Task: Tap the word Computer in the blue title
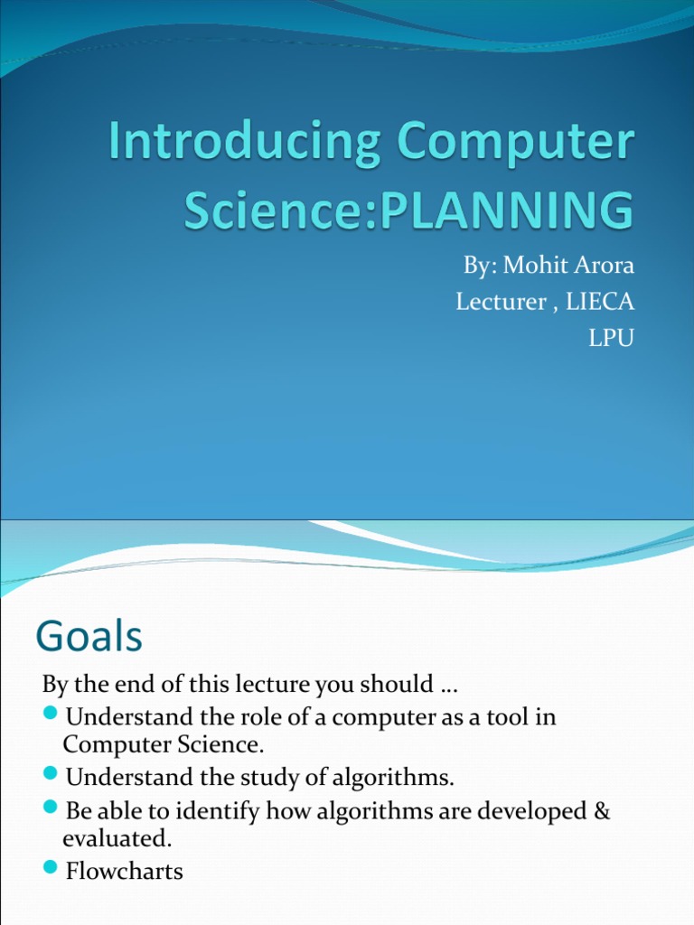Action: (x=516, y=143)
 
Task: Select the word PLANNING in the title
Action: (x=506, y=210)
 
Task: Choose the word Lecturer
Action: (x=501, y=302)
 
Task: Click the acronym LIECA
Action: (x=600, y=302)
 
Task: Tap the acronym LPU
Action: (x=612, y=338)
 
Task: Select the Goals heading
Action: (x=89, y=636)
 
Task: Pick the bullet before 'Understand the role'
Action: (x=51, y=714)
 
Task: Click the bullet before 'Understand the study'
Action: (x=51, y=772)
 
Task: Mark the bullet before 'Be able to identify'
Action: (x=51, y=807)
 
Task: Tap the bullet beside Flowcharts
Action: (x=51, y=866)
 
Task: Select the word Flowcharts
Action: (x=125, y=871)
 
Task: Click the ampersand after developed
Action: (x=601, y=810)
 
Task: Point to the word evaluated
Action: (x=117, y=838)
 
